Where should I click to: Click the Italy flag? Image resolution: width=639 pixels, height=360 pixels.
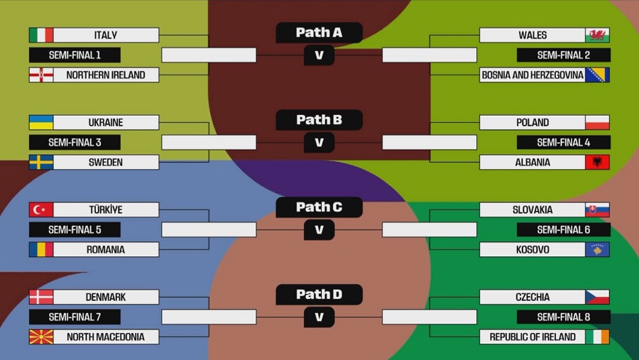click(x=41, y=35)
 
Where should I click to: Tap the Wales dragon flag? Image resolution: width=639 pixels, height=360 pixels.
click(x=597, y=35)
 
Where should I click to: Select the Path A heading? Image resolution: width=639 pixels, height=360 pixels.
click(x=319, y=33)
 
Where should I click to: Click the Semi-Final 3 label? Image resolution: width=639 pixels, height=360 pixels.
click(x=75, y=142)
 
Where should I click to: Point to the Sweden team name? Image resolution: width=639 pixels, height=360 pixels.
click(x=106, y=163)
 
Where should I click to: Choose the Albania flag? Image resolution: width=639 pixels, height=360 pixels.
click(x=597, y=163)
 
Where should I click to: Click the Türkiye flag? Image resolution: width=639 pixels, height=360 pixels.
click(x=41, y=209)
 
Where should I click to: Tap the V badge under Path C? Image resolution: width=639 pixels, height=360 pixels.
click(x=319, y=229)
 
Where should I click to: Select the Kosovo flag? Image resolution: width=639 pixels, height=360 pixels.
click(x=597, y=249)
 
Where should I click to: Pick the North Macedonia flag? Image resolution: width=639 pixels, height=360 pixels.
click(x=41, y=337)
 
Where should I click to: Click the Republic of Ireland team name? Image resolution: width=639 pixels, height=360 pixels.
click(x=532, y=337)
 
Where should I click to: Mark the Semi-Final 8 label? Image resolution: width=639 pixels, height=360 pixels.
click(x=564, y=317)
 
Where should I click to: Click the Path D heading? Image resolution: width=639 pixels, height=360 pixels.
click(x=319, y=295)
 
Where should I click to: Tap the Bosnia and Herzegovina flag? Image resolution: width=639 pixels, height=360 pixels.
click(x=597, y=75)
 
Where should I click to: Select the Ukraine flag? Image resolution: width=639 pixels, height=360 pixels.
click(x=41, y=122)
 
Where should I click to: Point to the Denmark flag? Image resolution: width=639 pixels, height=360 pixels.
click(x=41, y=297)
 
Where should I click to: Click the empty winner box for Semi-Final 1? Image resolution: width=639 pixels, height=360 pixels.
click(x=209, y=55)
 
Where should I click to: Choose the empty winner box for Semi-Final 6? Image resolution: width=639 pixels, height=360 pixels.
click(x=430, y=229)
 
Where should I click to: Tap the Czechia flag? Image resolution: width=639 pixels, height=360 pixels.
click(x=597, y=297)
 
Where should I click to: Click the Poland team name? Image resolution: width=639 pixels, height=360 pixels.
click(x=532, y=122)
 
